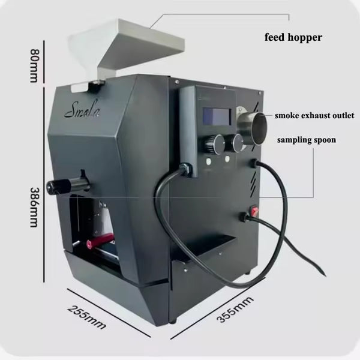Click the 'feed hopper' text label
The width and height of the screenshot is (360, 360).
(293, 37)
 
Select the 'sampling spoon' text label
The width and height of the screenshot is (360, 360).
(306, 140)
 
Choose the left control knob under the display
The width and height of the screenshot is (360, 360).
(214, 144)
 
